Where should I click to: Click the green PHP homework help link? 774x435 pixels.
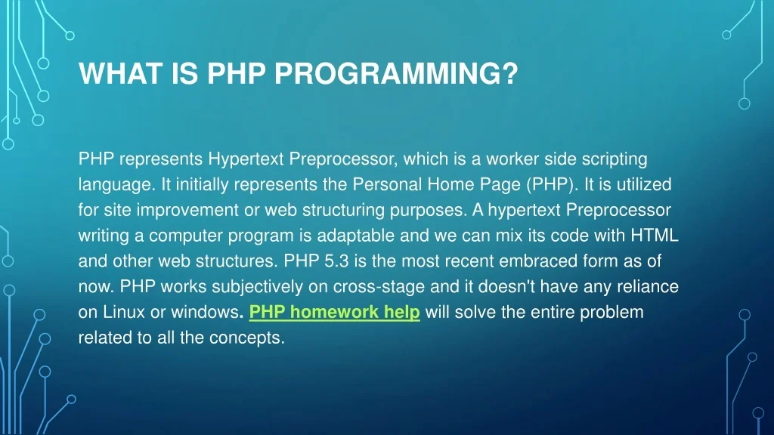pos(334,312)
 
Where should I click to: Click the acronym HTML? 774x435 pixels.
pos(656,236)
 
